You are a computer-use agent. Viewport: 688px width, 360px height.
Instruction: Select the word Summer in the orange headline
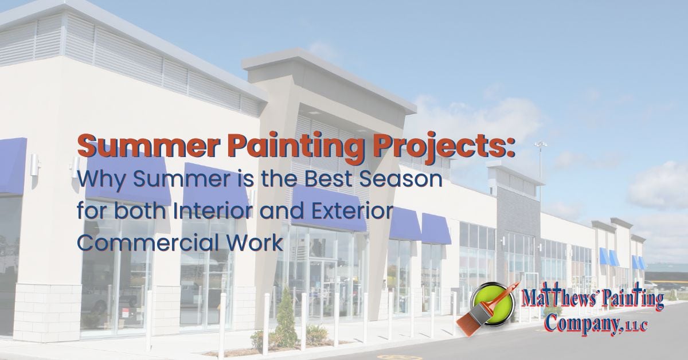point(147,146)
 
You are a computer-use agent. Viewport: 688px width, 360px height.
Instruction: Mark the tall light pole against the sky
point(540,166)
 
